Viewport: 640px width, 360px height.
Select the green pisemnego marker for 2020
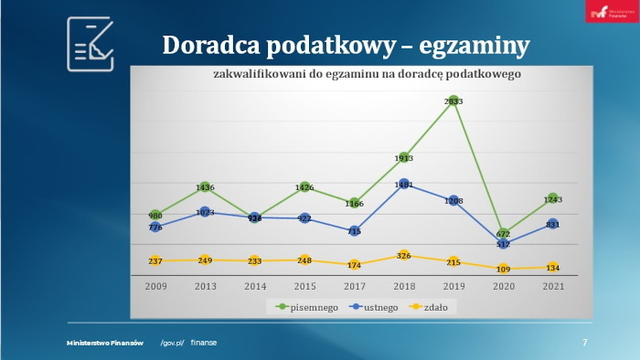tap(503, 233)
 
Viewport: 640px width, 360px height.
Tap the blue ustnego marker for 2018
tap(403, 184)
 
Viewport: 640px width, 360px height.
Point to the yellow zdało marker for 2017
tap(354, 265)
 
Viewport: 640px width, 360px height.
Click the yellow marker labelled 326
tap(403, 255)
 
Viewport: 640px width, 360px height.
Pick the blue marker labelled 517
tap(503, 244)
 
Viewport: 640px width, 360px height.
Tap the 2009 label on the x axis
tap(155, 286)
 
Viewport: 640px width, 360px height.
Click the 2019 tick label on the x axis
tap(453, 286)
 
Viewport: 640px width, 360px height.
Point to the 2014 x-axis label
tap(254, 286)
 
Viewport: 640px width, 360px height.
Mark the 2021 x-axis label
tap(551, 286)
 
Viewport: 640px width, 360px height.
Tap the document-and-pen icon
tap(91, 44)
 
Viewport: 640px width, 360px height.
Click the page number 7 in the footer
tap(584, 343)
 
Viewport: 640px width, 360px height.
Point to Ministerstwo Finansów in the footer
tap(105, 343)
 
